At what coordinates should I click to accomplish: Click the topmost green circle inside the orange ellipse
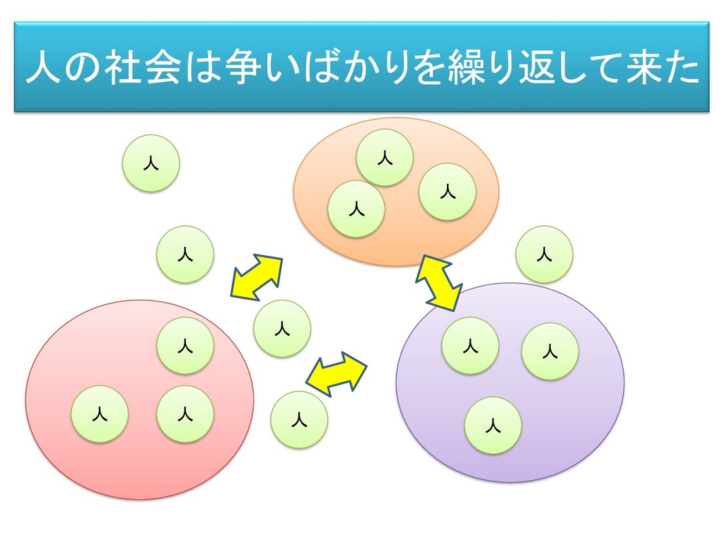385,158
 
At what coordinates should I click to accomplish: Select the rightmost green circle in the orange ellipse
447,192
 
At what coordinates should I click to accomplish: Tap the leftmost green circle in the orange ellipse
356,209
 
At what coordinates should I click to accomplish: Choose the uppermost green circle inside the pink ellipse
185,346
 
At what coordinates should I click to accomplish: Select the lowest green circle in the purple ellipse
494,426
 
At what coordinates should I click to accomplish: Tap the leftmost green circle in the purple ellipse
470,346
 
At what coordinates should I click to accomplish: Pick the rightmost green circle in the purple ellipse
550,351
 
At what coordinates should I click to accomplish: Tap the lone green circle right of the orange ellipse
544,255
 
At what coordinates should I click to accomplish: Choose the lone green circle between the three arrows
282,328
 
